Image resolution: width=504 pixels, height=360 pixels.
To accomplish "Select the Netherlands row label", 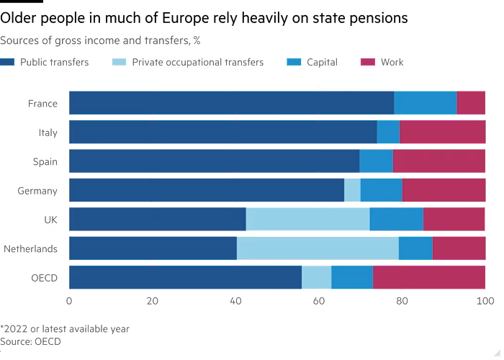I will pyautogui.click(x=34, y=249).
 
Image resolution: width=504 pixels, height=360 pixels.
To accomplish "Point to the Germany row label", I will pyautogui.click(x=41, y=191).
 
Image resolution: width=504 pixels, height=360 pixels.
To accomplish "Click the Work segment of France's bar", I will pyautogui.click(x=471, y=103).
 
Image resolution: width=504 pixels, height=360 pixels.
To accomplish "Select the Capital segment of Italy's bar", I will pyautogui.click(x=388, y=132).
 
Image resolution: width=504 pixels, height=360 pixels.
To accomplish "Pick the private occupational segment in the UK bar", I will pyautogui.click(x=307, y=219).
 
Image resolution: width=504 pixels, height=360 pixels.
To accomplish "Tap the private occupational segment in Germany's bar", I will pyautogui.click(x=352, y=190).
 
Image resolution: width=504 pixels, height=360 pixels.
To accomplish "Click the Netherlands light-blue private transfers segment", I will pyautogui.click(x=318, y=248).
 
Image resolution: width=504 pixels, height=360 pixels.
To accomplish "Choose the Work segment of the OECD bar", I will pyautogui.click(x=429, y=277).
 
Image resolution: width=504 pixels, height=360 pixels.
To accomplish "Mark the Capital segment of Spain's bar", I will pyautogui.click(x=376, y=161).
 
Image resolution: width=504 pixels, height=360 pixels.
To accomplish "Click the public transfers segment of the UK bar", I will pyautogui.click(x=158, y=219).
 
